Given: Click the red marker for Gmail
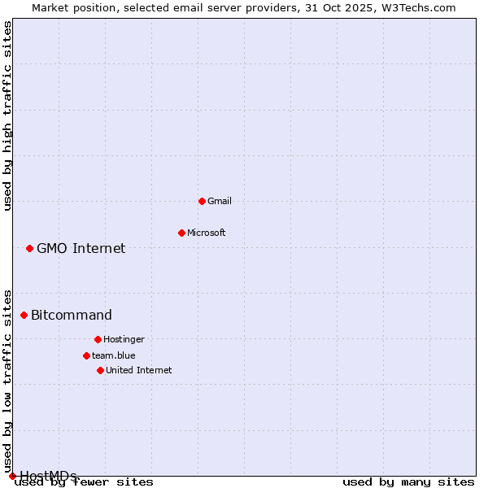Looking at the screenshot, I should [x=202, y=201].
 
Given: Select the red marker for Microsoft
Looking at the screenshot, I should [x=181, y=233].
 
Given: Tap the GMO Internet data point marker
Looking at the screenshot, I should [x=29, y=248].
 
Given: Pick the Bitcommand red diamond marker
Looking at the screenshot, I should [x=24, y=315].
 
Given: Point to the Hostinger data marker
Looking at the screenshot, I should [x=98, y=339].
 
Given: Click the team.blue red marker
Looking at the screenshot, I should [x=86, y=355].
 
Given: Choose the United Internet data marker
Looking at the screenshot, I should [x=100, y=370].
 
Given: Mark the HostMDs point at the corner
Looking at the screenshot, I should [x=12, y=476].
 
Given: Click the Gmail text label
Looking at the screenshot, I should [x=220, y=201].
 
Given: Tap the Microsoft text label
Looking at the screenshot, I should [x=207, y=233].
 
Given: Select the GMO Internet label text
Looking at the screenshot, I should [x=81, y=248].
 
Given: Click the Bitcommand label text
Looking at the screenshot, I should [x=72, y=315].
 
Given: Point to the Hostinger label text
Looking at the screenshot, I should [x=124, y=339].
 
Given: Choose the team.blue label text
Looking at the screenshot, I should [x=114, y=355].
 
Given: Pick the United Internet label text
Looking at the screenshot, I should [x=139, y=370].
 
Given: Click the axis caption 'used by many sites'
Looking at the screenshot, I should [x=408, y=482].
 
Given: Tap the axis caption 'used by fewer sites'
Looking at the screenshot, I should [x=85, y=482].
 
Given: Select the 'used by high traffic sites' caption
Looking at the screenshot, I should [x=8, y=115].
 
